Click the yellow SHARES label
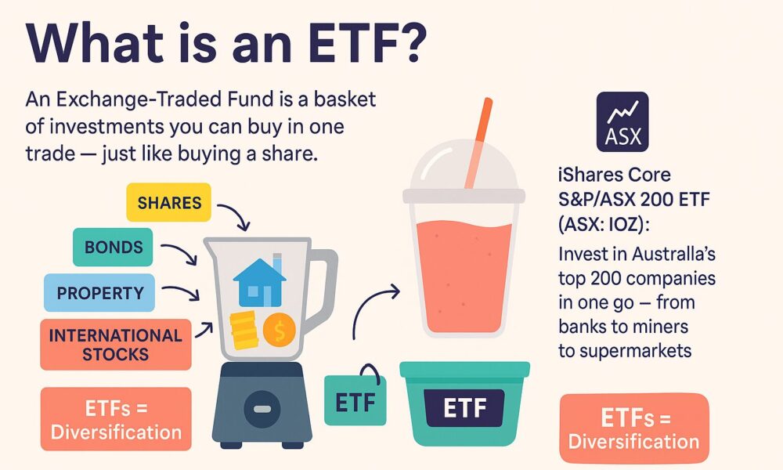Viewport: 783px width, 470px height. [x=169, y=202]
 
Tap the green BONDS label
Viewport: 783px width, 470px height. [x=113, y=247]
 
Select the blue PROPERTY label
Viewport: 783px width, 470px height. [x=99, y=293]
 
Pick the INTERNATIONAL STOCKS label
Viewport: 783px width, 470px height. [x=116, y=345]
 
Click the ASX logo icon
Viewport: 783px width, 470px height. [x=622, y=121]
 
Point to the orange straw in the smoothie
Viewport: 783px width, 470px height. [x=479, y=143]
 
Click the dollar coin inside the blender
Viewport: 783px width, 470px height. [x=280, y=330]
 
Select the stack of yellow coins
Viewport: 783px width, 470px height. [x=244, y=330]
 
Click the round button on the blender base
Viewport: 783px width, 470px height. [x=262, y=409]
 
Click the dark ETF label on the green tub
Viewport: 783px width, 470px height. [x=464, y=408]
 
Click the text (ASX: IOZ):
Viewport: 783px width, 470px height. [x=603, y=224]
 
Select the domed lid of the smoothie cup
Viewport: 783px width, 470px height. [x=464, y=164]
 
